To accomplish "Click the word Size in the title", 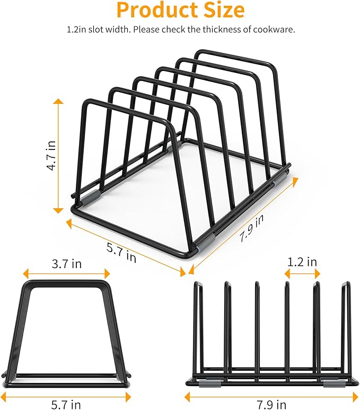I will [218, 11].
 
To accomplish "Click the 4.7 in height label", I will [51, 154].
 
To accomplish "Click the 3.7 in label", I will [66, 263].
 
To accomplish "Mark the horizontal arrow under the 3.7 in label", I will [66, 274].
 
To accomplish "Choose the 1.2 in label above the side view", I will [302, 262].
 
